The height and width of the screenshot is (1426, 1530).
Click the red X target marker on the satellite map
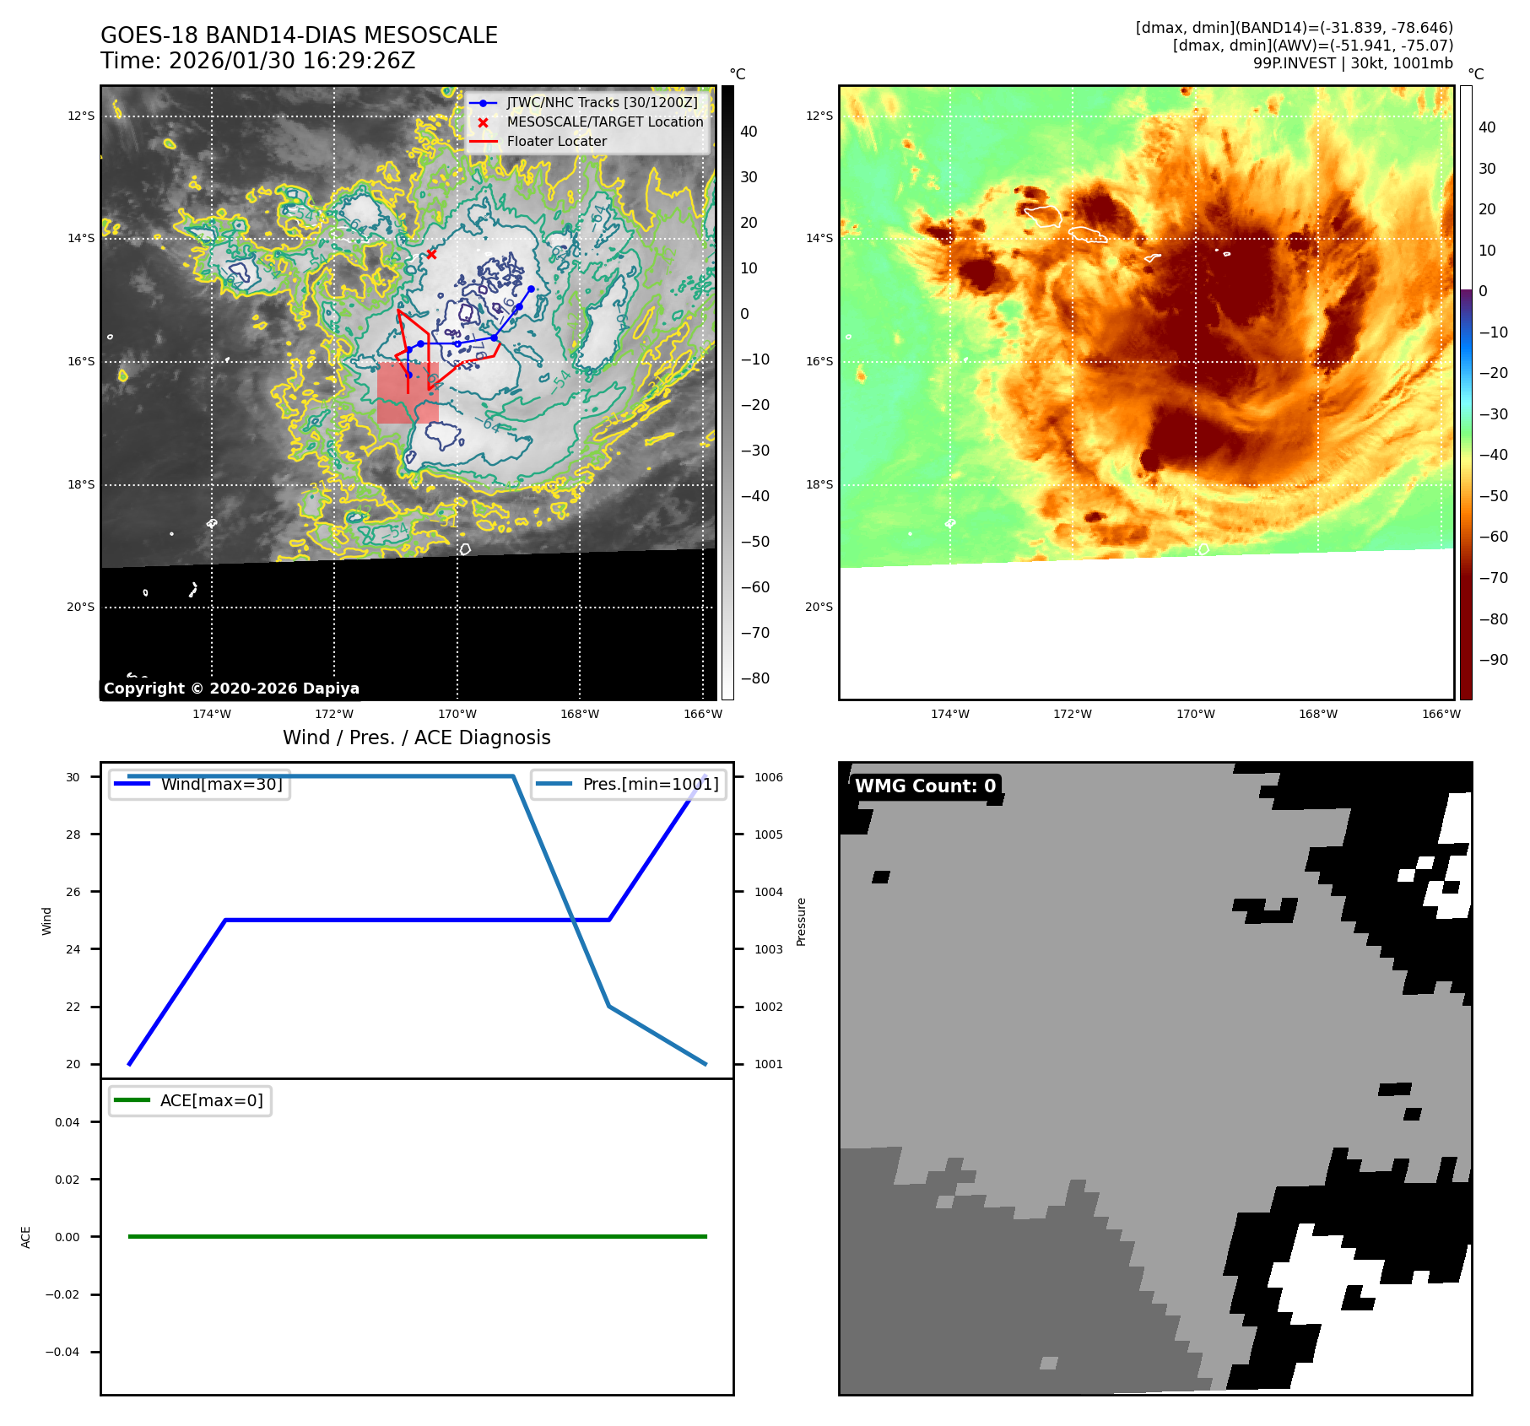431,254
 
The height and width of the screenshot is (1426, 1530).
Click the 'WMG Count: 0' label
925,786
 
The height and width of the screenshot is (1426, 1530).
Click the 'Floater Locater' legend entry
556,142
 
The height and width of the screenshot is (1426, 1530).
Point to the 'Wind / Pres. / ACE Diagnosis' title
416,738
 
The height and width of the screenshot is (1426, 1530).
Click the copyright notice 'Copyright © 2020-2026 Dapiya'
231,689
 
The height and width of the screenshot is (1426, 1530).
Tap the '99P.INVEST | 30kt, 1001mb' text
1353,63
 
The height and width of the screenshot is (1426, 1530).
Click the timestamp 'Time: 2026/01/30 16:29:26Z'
257,62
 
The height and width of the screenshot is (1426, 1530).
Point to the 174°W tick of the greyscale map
211,715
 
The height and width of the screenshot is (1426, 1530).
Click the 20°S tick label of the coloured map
819,608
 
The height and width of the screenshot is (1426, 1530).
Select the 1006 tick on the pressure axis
769,778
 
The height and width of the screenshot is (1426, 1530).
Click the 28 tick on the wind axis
73,835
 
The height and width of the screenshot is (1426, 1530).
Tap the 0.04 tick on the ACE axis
68,1123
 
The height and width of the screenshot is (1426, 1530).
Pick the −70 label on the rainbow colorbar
1493,578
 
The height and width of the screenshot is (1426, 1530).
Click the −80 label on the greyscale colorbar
754,678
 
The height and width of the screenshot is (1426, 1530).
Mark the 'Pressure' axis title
802,921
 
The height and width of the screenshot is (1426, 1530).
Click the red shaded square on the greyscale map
408,393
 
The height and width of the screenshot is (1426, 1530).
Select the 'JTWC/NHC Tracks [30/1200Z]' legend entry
602,103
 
